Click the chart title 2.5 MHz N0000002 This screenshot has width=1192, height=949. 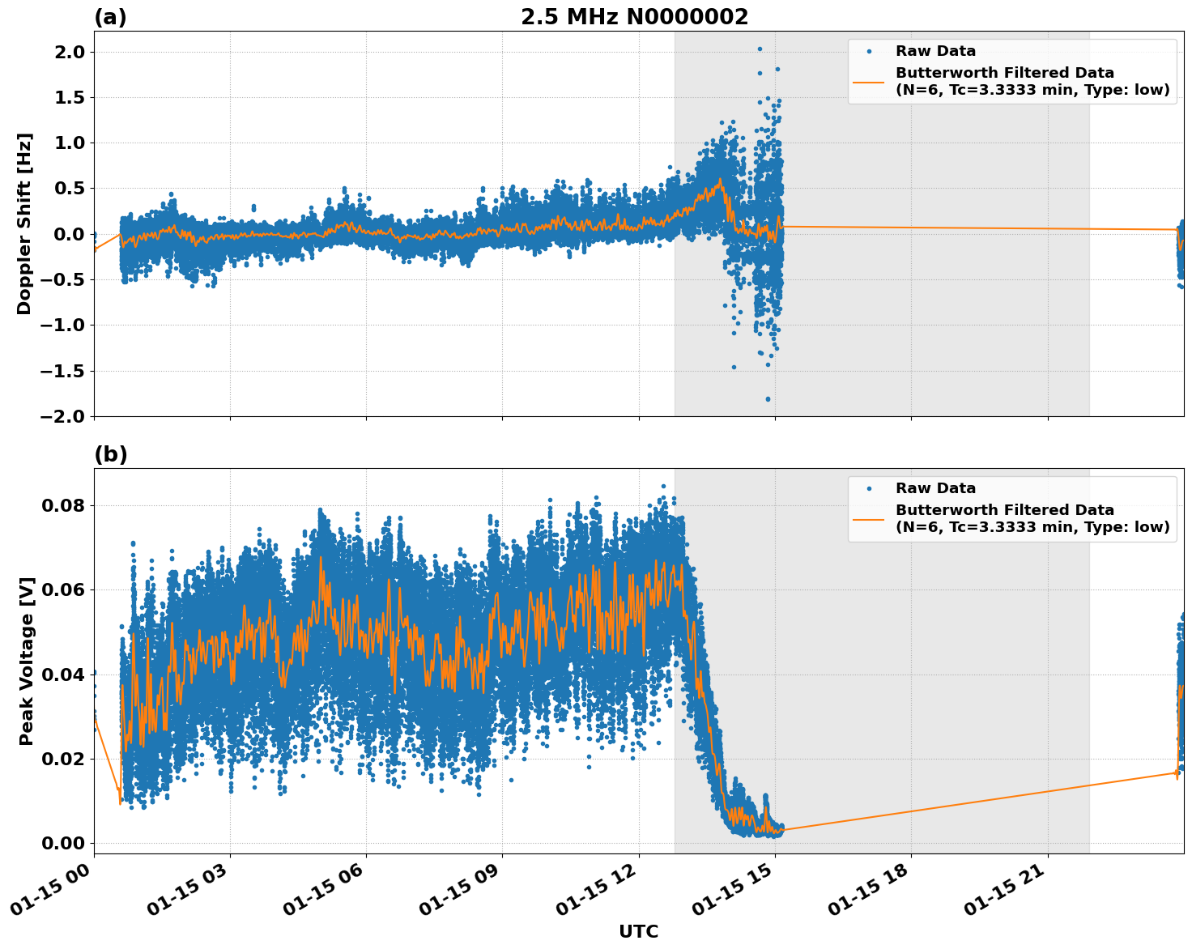(x=634, y=17)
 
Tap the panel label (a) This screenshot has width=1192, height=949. (x=110, y=17)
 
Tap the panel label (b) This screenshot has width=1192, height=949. (x=110, y=454)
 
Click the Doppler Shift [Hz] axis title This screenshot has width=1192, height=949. (x=24, y=223)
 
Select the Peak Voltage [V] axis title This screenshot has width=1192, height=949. (x=27, y=661)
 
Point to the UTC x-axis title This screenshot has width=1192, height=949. (x=638, y=931)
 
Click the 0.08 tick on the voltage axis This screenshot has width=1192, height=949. (x=62, y=506)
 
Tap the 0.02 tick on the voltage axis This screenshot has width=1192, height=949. (x=62, y=759)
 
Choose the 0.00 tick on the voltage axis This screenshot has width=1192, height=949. (x=62, y=843)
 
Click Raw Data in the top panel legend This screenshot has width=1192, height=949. (x=935, y=52)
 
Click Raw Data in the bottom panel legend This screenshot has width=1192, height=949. (x=935, y=488)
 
